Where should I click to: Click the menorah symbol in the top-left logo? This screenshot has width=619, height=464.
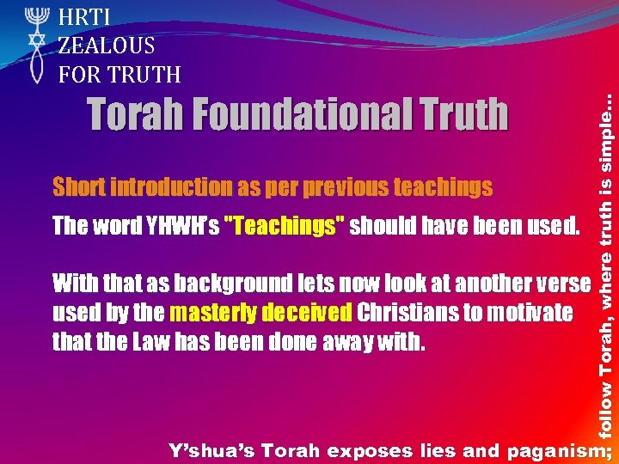pos(34,18)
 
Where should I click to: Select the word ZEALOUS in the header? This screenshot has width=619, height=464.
pos(107,46)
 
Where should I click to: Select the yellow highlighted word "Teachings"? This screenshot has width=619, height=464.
pos(284,227)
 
